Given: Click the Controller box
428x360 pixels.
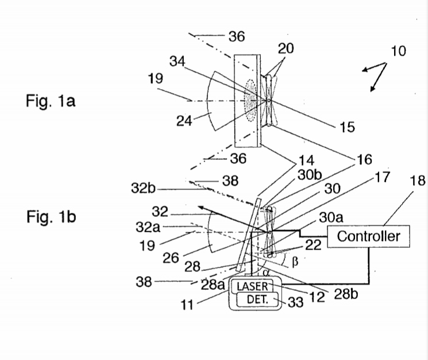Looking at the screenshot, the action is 368,236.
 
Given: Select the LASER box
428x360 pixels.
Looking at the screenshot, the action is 252,286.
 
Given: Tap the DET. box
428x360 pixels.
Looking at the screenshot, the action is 257,300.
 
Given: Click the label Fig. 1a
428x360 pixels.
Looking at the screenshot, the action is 51,101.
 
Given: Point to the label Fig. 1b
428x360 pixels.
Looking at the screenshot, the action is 51,217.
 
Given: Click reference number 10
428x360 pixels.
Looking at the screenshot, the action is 399,51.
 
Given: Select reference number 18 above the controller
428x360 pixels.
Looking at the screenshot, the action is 418,181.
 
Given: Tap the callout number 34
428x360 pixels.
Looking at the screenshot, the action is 177,61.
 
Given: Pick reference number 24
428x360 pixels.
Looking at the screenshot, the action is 184,121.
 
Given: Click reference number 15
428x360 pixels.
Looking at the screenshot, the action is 347,127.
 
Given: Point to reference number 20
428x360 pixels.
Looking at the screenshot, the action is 286,49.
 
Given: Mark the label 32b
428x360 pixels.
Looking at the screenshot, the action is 143,188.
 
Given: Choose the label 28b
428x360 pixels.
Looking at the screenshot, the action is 346,294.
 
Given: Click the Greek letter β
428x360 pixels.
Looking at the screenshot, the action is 295,262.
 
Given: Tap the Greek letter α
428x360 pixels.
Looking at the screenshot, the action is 267,272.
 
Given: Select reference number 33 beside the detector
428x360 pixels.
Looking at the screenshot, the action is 296,302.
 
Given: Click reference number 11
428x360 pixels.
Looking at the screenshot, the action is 187,305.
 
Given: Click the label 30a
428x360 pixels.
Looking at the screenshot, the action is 331,218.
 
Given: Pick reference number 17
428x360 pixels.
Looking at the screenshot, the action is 383,177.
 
